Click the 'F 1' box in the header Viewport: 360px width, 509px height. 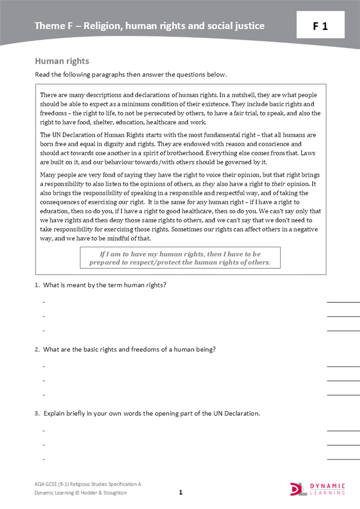[x=320, y=26]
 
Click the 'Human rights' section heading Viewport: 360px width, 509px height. [x=62, y=61]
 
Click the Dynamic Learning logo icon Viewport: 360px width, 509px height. [x=298, y=489]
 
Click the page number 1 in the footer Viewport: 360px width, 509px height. [x=180, y=492]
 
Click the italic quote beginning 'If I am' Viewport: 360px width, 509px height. [x=180, y=258]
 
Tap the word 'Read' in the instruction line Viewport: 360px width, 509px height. [x=42, y=75]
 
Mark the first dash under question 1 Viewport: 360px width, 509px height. [x=44, y=302]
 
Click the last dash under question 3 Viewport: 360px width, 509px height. [x=44, y=459]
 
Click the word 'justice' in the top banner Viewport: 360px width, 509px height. [x=250, y=26]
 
